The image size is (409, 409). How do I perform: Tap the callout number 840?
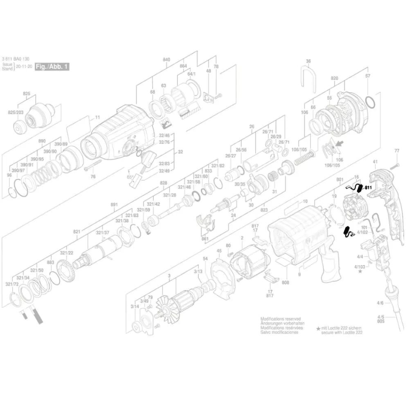click(x=166, y=60)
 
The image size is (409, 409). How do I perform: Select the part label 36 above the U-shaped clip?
click(x=308, y=61)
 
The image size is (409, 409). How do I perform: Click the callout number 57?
click(x=367, y=76)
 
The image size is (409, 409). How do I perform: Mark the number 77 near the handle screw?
click(x=396, y=151)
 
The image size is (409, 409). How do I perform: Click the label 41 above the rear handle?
click(x=375, y=162)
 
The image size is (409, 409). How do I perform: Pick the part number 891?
click(x=114, y=204)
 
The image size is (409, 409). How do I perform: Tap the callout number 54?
click(x=205, y=258)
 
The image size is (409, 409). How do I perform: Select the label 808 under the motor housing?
click(x=285, y=282)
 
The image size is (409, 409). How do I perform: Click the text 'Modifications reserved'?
click(x=281, y=319)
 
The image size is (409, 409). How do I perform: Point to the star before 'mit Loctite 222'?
click(x=318, y=328)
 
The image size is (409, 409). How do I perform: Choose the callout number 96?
click(x=9, y=175)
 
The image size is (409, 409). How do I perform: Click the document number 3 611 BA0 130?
click(x=16, y=59)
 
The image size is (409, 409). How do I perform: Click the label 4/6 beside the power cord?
click(x=380, y=303)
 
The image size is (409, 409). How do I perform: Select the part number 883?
click(x=50, y=262)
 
